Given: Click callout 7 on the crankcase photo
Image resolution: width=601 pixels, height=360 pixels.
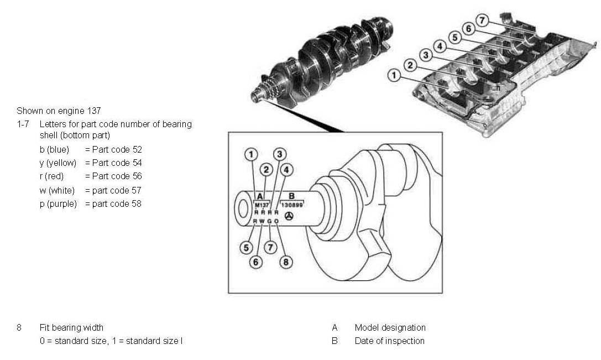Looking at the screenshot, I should coord(483,20).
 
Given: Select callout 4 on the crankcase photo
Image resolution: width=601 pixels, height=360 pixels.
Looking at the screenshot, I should coord(440,46).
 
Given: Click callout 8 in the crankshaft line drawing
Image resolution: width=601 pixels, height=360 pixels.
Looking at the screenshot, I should coord(285,262).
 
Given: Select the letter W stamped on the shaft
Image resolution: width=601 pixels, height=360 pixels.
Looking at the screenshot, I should coord(262,221).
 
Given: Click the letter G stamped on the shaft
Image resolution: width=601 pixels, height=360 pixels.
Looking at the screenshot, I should coord(269,221).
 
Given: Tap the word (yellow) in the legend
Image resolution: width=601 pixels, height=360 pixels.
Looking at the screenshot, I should coord(65,163).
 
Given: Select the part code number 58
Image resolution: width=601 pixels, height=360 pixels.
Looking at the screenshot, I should coord(136,204).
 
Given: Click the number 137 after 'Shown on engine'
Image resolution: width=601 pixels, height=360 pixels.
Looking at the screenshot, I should coord(95,111).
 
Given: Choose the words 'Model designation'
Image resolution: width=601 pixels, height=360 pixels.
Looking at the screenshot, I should coord(390,327).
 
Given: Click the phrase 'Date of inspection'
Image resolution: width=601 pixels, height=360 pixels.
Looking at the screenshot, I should coord(389,341).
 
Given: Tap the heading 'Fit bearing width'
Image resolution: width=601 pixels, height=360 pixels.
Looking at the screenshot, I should coord(71,327).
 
